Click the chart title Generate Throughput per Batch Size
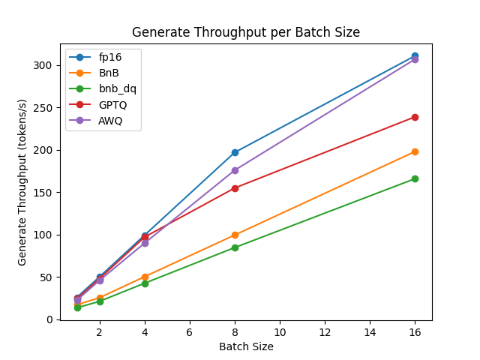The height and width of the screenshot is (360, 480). point(246,33)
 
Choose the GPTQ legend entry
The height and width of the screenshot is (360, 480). point(112,104)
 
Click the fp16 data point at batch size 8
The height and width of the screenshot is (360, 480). point(235,152)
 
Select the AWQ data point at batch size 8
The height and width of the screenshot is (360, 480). point(235,170)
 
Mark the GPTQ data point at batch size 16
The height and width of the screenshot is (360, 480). point(415,117)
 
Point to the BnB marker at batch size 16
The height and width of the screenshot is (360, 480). point(415,151)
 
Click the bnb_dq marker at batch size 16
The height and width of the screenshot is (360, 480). point(415,178)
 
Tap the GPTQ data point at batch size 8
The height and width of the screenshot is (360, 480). point(235,188)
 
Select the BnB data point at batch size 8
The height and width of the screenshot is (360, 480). point(235,235)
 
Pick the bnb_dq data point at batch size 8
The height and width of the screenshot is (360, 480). point(235,247)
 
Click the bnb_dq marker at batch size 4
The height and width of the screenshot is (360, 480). point(145,283)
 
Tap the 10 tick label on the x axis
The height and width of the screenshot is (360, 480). point(280,332)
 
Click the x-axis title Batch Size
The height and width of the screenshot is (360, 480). point(246,346)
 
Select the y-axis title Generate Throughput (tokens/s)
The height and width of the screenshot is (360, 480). point(22,181)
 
